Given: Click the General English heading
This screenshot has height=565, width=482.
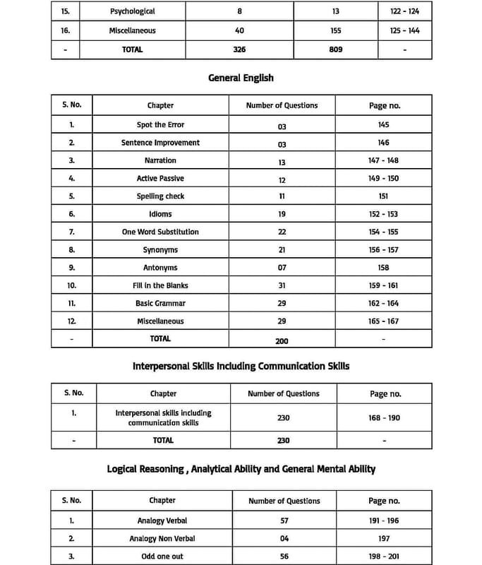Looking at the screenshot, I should [241, 78].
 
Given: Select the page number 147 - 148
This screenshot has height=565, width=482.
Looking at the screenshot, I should [383, 160].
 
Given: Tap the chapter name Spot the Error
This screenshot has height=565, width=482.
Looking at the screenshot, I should [160, 125].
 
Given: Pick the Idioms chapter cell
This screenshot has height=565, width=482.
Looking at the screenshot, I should [160, 214].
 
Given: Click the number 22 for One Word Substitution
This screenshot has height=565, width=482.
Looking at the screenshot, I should [282, 232].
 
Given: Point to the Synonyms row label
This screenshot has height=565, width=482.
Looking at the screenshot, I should [160, 250].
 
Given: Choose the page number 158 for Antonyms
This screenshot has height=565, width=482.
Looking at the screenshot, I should [383, 268].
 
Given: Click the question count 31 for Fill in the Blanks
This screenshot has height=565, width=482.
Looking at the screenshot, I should [282, 286].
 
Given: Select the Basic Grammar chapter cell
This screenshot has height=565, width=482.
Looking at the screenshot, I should [160, 304].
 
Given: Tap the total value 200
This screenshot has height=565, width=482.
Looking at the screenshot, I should [282, 340].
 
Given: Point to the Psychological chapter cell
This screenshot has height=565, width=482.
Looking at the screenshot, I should [132, 11].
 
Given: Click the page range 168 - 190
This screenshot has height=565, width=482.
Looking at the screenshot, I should [384, 418].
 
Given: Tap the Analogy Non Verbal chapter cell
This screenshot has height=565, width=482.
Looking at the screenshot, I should [162, 539].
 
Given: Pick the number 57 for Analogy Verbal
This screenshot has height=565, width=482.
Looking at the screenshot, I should [284, 521].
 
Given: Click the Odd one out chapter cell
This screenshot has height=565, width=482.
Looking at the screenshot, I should [162, 557].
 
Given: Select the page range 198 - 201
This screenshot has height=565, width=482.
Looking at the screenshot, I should [384, 557].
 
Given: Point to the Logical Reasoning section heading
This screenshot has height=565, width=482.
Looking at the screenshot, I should [241, 469].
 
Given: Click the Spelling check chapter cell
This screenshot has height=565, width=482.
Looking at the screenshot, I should [160, 196].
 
